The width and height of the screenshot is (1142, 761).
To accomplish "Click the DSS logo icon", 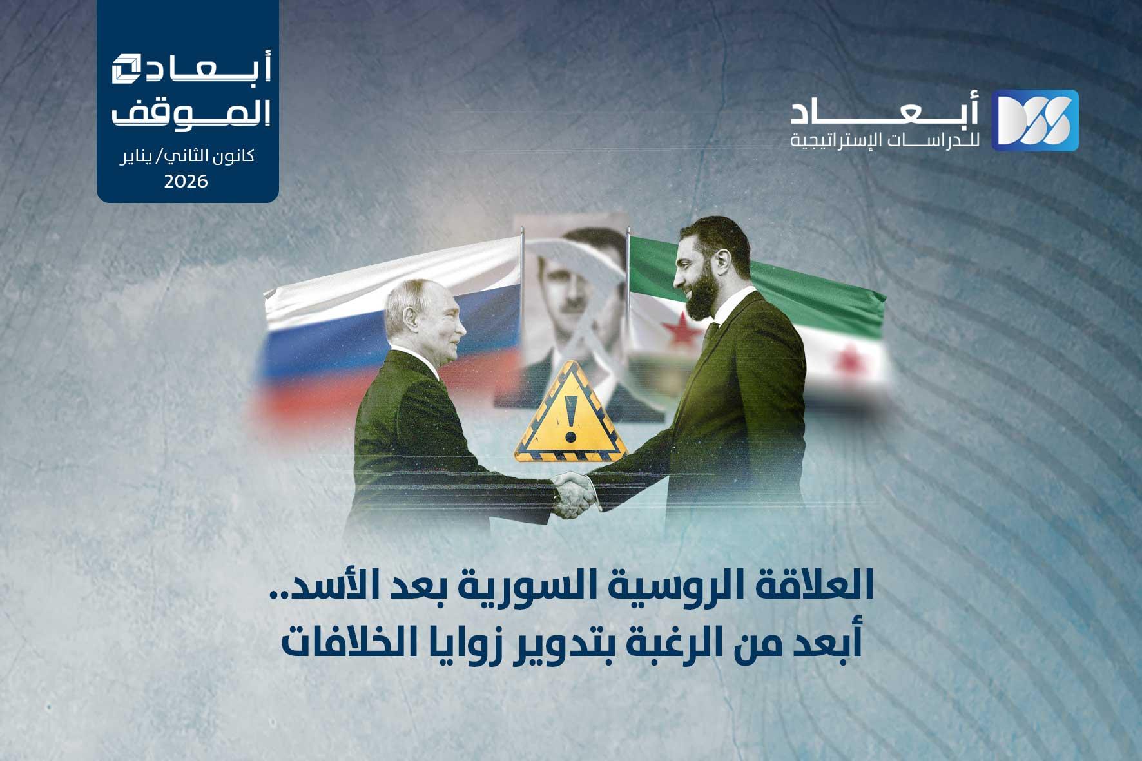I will (x=1034, y=120).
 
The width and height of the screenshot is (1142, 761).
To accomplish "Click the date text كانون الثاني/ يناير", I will (x=187, y=157).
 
